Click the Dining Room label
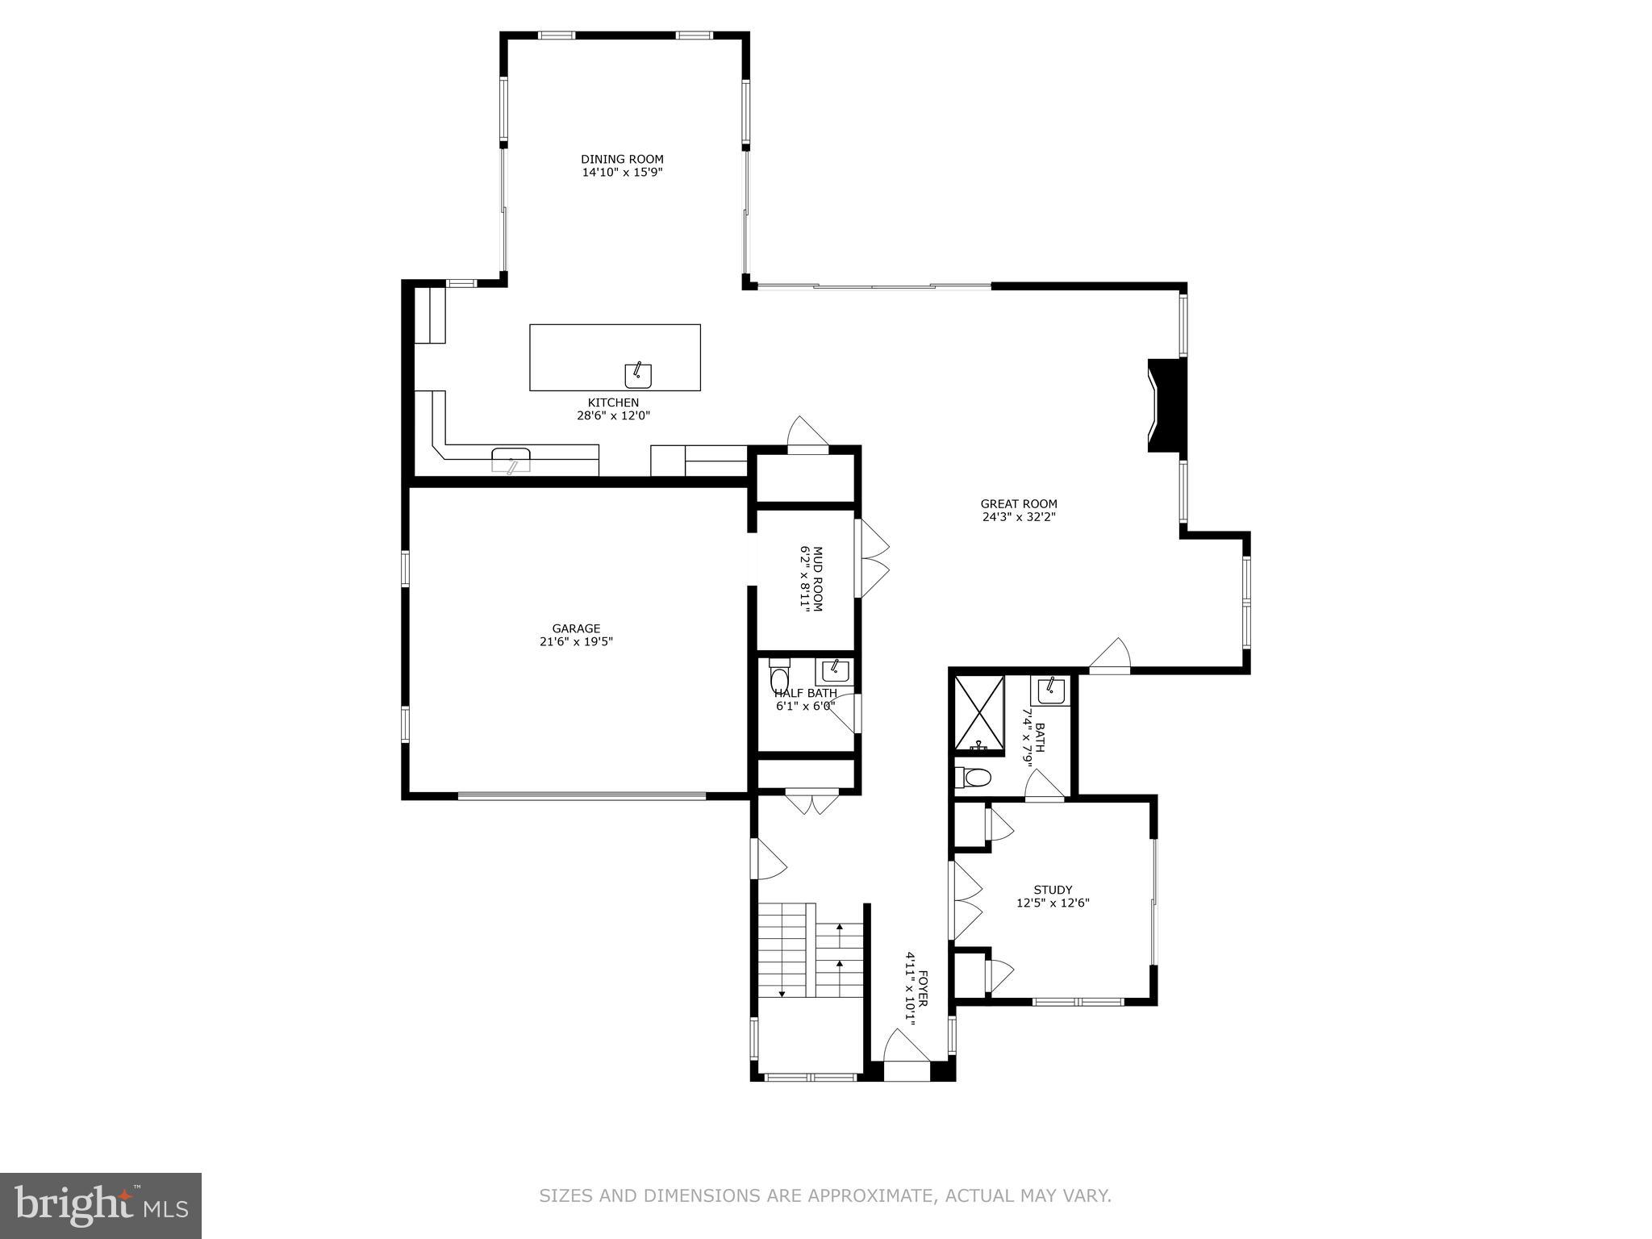[x=622, y=159]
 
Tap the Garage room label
[x=576, y=628]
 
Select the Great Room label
[x=1019, y=504]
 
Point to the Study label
[x=1053, y=891]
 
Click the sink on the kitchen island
[x=638, y=374]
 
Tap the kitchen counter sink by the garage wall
[x=511, y=461]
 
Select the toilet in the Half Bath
[x=779, y=677]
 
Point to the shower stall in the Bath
[x=979, y=715]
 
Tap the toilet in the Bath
[x=972, y=778]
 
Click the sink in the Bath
[x=1051, y=690]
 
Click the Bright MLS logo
[x=101, y=1207]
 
